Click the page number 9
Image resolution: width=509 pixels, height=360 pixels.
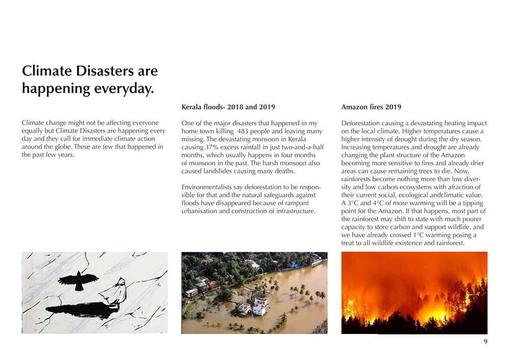click(x=485, y=342)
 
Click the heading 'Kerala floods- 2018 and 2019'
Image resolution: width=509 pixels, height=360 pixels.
click(x=228, y=107)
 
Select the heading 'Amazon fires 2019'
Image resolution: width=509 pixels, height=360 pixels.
click(x=371, y=107)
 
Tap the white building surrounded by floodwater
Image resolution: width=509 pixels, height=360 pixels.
click(x=260, y=306)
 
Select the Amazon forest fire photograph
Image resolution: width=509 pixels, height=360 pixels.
click(x=414, y=293)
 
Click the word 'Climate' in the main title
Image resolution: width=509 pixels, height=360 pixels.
click(x=47, y=71)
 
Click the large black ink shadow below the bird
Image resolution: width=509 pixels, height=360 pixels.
click(x=81, y=309)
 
